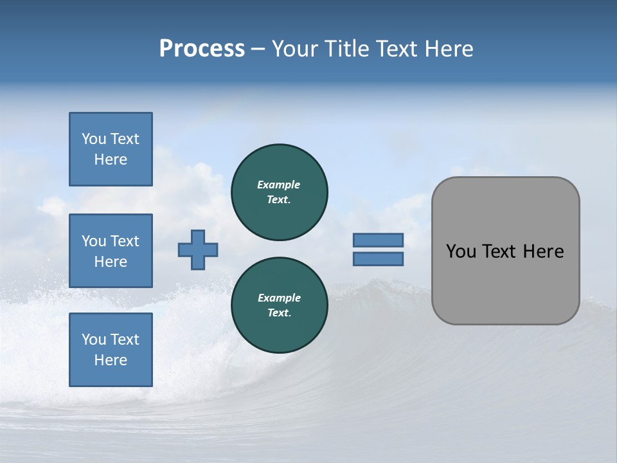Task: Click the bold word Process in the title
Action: pos(202,49)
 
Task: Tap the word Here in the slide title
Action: pos(449,49)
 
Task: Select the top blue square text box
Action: pos(111,149)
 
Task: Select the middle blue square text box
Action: pos(111,251)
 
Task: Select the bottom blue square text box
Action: pos(111,350)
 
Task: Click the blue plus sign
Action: pos(198,250)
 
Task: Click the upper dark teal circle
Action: pos(280,192)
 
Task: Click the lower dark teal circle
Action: pos(280,305)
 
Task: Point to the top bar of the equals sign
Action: pos(378,241)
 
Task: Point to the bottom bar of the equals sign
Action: pos(378,259)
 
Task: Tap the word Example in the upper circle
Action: pos(279,185)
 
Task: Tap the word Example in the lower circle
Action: pos(279,298)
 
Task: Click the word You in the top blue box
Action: pos(93,139)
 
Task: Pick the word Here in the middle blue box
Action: pos(111,262)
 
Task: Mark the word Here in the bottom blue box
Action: pos(111,360)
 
